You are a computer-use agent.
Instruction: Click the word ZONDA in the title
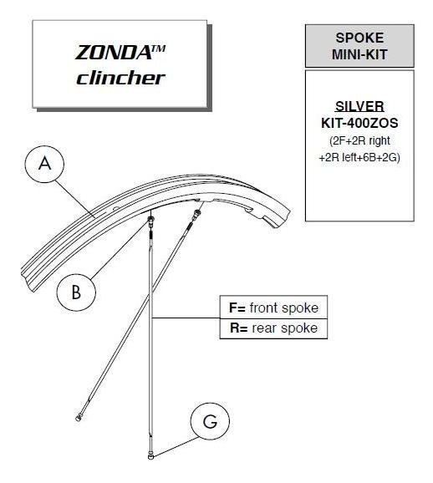pos(112,53)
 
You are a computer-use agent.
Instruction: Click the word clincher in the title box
pos(120,78)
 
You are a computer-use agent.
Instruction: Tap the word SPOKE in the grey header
pos(359,38)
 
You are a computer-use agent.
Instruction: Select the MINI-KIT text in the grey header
pos(359,54)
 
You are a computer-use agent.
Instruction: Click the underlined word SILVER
pos(359,106)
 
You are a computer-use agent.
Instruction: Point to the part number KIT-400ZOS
pos(359,123)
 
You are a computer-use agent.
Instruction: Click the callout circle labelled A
pos(44,164)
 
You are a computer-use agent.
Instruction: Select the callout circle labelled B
pos(76,292)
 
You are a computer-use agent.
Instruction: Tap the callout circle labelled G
pos(210,421)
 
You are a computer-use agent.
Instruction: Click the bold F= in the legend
pos(237,308)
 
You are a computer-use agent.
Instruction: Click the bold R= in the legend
pos(238,328)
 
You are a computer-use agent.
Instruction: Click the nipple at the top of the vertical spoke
pos(151,220)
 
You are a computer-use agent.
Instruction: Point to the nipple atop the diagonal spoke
pos(196,214)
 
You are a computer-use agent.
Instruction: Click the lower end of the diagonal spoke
pos(79,418)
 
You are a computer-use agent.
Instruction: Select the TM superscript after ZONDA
pos(158,48)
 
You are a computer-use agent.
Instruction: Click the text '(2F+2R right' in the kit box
pos(359,140)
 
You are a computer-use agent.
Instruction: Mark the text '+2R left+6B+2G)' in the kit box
pos(359,157)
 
